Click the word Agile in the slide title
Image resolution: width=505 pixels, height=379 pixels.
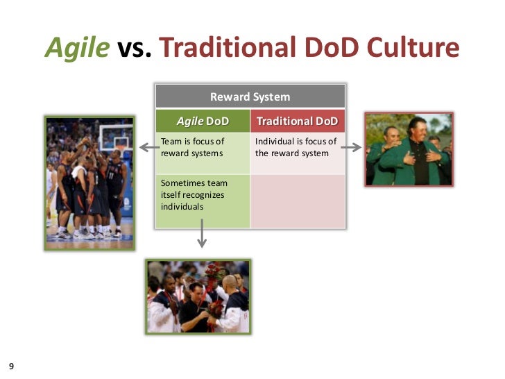[x=77, y=48]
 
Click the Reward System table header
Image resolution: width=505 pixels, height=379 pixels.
[x=250, y=96]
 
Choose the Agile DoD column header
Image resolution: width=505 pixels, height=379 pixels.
[x=203, y=121]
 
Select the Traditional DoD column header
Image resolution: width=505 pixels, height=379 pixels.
[x=298, y=121]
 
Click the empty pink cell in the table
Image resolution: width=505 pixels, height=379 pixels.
[x=298, y=201]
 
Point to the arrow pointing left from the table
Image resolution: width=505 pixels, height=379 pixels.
[x=146, y=147]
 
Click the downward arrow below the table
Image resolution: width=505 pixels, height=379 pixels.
[x=202, y=235]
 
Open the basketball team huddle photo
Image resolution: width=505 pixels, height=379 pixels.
[x=89, y=182]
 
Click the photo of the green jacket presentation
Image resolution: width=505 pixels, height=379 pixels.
[x=409, y=149]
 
